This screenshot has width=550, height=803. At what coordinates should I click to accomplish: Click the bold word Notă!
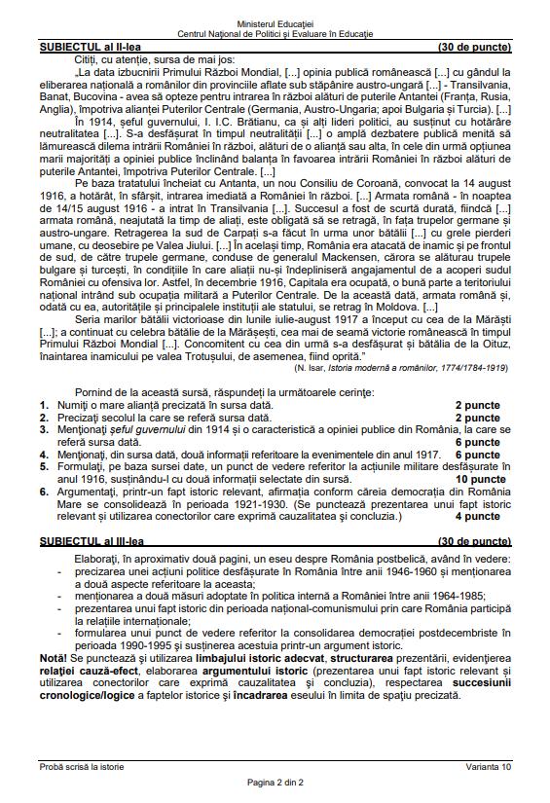click(x=54, y=658)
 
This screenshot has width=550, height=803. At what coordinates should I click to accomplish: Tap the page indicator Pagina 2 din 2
click(x=275, y=783)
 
